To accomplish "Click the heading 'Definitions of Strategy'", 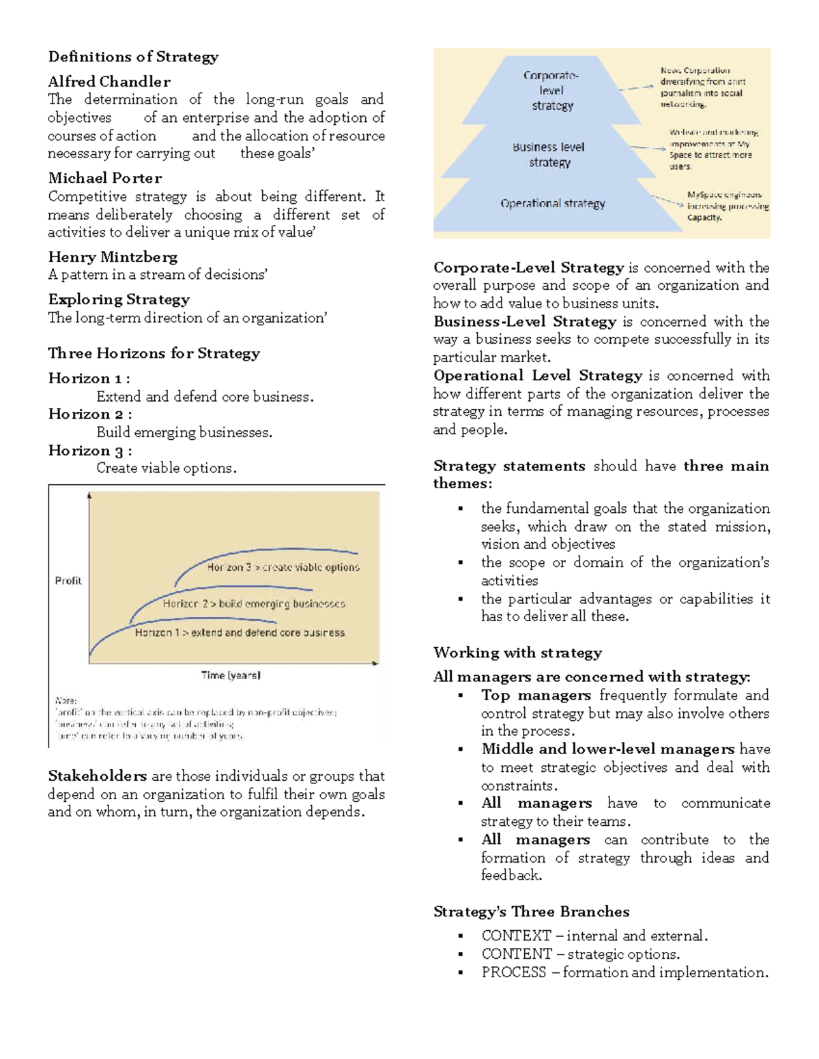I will (133, 57).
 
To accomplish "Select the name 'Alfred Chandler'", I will (109, 82).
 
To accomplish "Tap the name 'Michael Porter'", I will (105, 178).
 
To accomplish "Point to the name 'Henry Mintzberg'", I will (113, 257).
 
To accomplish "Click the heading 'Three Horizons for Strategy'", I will (154, 353).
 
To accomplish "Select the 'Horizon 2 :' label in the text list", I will (90, 415).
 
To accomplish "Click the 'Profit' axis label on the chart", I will (68, 581).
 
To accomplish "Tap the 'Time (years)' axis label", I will (231, 675).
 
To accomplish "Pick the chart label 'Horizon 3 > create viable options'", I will (283, 567).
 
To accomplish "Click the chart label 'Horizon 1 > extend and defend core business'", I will (240, 633).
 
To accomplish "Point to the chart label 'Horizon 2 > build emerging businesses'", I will (254, 603).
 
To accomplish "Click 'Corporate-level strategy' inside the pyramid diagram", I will (552, 91).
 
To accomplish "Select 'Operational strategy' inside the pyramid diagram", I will (553, 203).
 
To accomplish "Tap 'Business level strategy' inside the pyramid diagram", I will (549, 155).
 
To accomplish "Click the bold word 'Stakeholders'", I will (98, 776).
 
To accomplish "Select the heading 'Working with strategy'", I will (517, 653).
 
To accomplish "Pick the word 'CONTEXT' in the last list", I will (516, 936).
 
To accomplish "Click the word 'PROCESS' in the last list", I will (514, 972).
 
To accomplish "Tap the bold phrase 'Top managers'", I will (536, 695).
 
